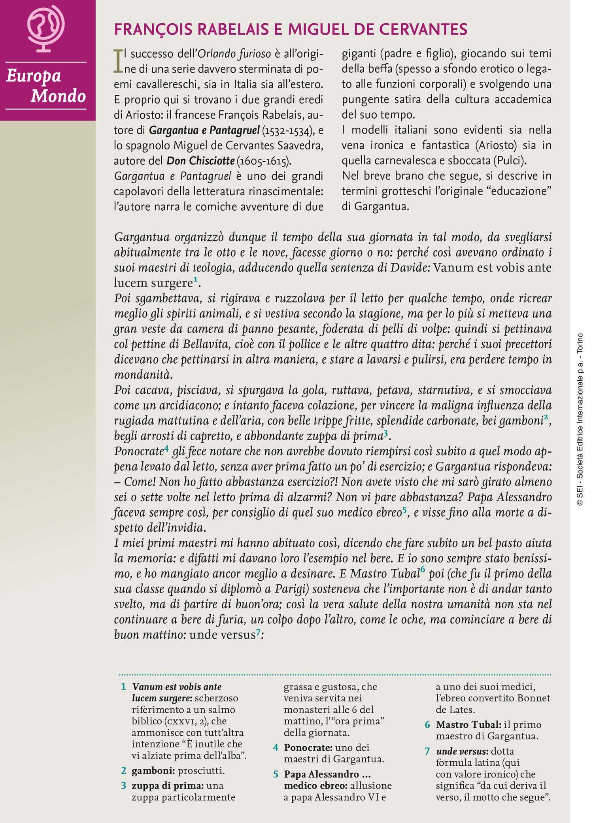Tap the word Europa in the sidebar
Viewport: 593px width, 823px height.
tap(34, 76)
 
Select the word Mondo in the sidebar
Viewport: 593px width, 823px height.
tap(58, 96)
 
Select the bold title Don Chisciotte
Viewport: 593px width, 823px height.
tap(200, 161)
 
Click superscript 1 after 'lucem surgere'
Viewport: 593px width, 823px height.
tap(195, 280)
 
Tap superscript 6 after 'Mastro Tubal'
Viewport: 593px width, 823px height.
tap(422, 570)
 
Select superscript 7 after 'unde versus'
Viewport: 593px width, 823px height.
tap(258, 631)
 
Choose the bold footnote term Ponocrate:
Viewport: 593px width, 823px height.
tap(308, 747)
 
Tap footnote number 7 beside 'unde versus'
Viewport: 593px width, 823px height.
tap(427, 751)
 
